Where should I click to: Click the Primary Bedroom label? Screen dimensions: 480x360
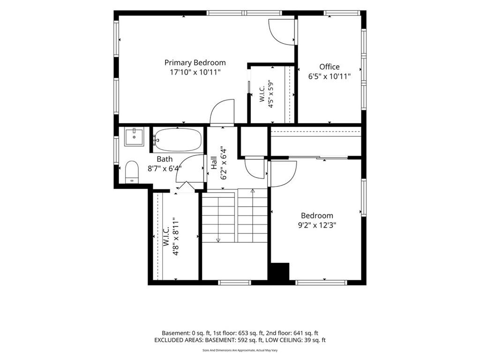point(195,62)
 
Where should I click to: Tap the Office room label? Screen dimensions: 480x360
point(330,67)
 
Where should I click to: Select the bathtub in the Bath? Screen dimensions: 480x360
point(178,140)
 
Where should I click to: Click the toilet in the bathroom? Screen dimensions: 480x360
point(132,172)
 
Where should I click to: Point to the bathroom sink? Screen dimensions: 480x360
point(134,137)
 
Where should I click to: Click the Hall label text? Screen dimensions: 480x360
point(214,163)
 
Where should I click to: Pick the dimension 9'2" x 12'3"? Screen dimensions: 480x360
point(317,225)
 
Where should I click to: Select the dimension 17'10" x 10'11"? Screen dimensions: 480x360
point(195,72)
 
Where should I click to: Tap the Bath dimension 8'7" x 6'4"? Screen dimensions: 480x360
point(165,168)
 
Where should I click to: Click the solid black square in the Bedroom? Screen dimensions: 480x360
point(279,271)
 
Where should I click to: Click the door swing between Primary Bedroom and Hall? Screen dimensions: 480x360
point(222,112)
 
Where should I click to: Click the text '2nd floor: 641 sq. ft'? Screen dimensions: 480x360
point(292,333)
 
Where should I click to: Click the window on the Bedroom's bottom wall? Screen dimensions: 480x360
point(321,282)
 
